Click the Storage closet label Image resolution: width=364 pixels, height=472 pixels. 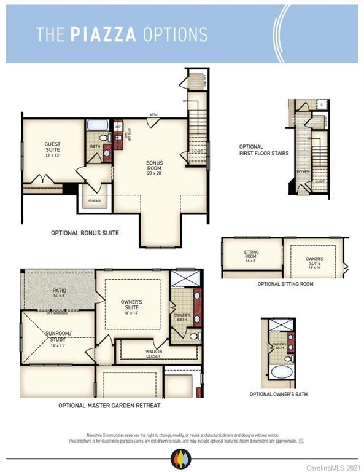pyautogui.click(x=93, y=200)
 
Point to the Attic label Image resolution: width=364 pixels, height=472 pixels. pyautogui.click(x=153, y=114)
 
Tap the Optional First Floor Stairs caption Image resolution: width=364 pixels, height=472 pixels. pyautogui.click(x=263, y=149)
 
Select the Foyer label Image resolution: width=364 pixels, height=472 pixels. pyautogui.click(x=303, y=172)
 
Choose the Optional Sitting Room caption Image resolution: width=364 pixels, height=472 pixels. pyautogui.click(x=285, y=284)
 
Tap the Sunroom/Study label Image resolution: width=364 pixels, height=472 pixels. pyautogui.click(x=58, y=337)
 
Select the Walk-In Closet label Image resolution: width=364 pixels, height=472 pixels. pyautogui.click(x=153, y=355)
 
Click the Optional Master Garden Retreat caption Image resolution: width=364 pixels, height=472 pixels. pyautogui.click(x=109, y=406)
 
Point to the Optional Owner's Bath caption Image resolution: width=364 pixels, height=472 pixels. pyautogui.click(x=279, y=394)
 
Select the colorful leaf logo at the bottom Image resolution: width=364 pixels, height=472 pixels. pyautogui.click(x=181, y=458)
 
